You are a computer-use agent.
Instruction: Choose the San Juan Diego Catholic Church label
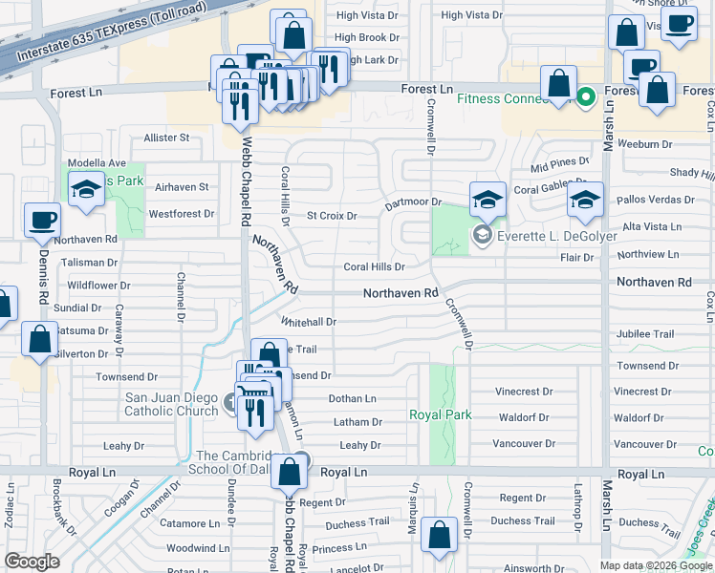click(x=171, y=404)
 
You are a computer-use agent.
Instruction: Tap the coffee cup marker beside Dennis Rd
click(x=41, y=221)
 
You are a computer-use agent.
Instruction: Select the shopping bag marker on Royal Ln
click(x=289, y=471)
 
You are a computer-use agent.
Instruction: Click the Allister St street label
click(x=166, y=138)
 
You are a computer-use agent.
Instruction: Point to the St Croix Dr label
click(x=331, y=216)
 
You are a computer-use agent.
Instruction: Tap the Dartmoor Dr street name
click(x=413, y=202)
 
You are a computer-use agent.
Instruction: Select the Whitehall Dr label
click(x=309, y=322)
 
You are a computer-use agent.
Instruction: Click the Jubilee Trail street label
click(x=645, y=333)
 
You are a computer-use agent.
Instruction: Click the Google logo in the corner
click(x=32, y=562)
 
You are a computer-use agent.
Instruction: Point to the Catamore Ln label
click(x=188, y=523)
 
